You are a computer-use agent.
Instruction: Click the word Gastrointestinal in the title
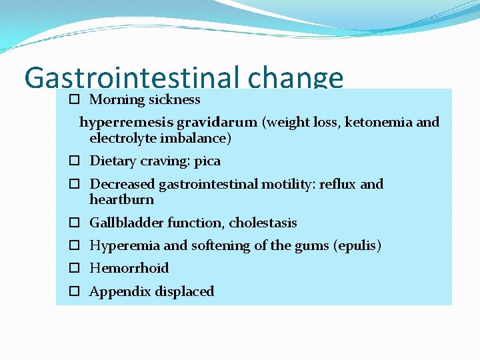tap(132, 79)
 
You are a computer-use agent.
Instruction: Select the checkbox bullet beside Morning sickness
tap(74, 100)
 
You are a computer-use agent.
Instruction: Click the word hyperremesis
tap(127, 123)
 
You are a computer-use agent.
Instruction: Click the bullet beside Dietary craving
tap(74, 162)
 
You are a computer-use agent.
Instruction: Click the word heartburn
tap(121, 200)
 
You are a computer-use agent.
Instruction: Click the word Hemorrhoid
tap(129, 269)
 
